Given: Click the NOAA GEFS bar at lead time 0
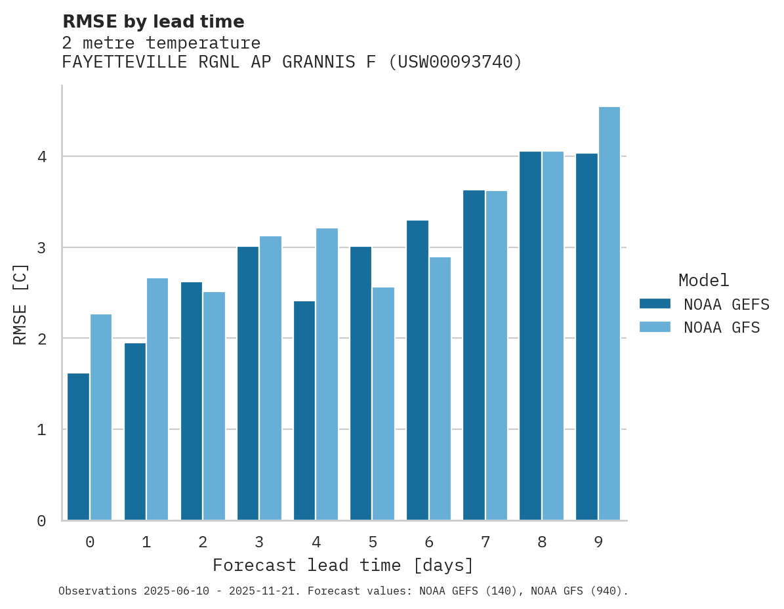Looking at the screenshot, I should [x=78, y=447].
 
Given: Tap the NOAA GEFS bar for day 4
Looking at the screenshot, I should [x=304, y=411].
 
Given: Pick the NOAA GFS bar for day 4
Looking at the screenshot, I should [x=327, y=374].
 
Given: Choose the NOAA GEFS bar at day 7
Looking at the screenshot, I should [x=474, y=355].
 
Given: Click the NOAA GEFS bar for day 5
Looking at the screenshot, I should [x=361, y=383].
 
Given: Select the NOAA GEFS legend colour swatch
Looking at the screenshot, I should [x=655, y=304].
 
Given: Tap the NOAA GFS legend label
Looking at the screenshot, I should [x=722, y=327].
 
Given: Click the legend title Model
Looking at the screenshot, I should [x=703, y=281].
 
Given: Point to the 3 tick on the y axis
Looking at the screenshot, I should [x=41, y=248].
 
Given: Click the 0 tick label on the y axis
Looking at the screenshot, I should [x=41, y=521].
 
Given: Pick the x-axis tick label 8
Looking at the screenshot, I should [x=542, y=543].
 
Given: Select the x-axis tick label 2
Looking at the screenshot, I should [x=203, y=543].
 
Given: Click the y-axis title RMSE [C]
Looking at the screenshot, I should [x=20, y=304].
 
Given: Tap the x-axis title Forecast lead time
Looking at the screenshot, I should [x=342, y=566].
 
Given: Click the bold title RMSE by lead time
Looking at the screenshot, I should [x=154, y=22].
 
